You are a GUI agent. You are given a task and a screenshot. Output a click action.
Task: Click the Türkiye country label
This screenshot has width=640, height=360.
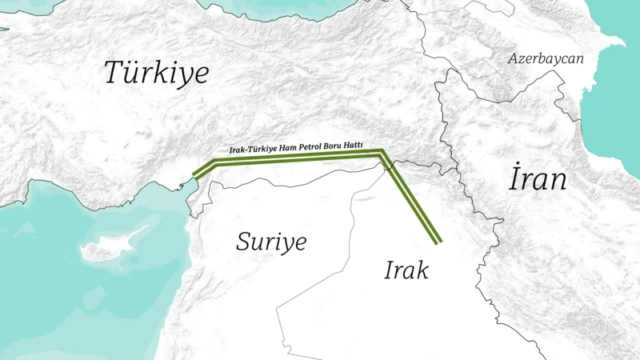157,74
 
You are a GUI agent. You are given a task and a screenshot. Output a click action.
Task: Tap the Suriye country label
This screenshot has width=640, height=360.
271,242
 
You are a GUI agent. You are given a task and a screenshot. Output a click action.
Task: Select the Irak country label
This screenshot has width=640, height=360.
406,270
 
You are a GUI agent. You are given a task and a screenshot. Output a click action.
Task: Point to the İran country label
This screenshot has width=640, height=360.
538,180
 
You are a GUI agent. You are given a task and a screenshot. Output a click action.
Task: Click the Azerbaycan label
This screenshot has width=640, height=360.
546,59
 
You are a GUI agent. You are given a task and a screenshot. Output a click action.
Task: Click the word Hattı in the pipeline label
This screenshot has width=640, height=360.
352,146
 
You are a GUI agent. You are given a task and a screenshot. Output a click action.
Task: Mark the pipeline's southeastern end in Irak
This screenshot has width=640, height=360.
438,240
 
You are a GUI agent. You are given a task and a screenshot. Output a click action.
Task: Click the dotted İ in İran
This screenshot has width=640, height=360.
514,179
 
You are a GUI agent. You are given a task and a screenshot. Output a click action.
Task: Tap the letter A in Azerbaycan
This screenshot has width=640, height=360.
514,59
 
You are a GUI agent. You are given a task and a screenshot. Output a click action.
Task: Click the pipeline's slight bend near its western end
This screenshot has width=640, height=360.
216,162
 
